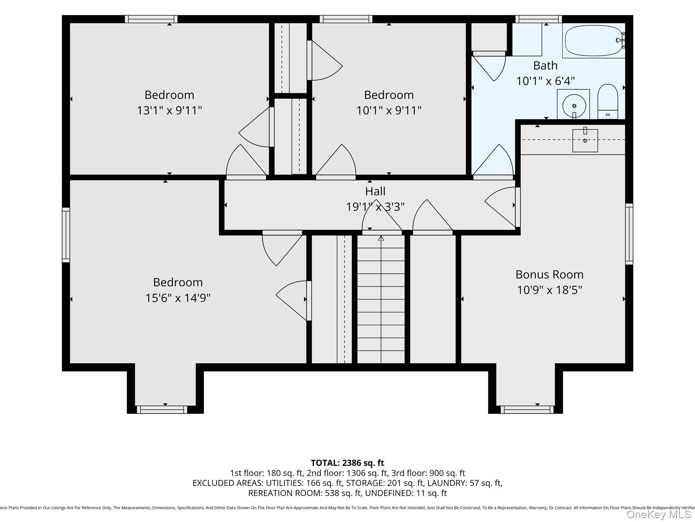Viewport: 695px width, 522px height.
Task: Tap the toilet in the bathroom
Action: pos(607,102)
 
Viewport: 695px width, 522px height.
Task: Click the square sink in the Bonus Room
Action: pos(585,140)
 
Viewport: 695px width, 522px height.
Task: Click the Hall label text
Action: pos(375,191)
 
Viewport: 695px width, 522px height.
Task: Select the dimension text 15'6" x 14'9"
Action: pos(178,298)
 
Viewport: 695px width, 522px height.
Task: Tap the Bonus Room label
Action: pos(549,274)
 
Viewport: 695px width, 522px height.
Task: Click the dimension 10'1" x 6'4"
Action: pos(545,81)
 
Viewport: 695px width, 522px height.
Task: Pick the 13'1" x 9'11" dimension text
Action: pos(169,110)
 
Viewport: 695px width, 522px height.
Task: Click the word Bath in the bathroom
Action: pos(545,65)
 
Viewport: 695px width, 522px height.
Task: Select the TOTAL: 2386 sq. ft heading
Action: pos(347,463)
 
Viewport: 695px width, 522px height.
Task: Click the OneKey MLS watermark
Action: pos(658,515)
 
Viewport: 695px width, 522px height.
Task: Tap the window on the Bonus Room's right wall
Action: pos(629,234)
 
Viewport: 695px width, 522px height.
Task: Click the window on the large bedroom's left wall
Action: pos(66,235)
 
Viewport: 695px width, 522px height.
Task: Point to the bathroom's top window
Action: pos(539,19)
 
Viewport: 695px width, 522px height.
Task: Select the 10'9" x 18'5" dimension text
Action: pos(549,290)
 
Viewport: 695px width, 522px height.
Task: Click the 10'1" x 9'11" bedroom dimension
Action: pos(389,110)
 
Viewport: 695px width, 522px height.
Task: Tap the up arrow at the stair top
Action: pos(381,239)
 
